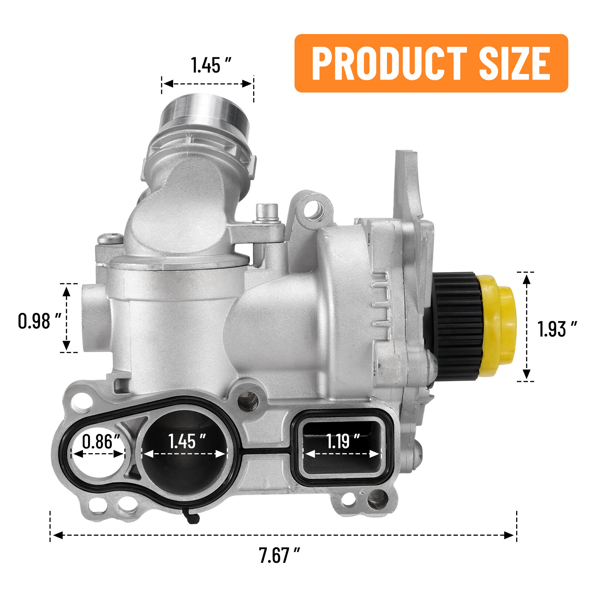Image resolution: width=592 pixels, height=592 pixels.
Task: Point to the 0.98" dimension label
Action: coord(39,321)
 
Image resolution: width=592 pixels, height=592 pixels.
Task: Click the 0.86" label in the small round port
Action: coord(101,441)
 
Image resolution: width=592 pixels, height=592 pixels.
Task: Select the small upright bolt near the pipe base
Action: coord(267,213)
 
